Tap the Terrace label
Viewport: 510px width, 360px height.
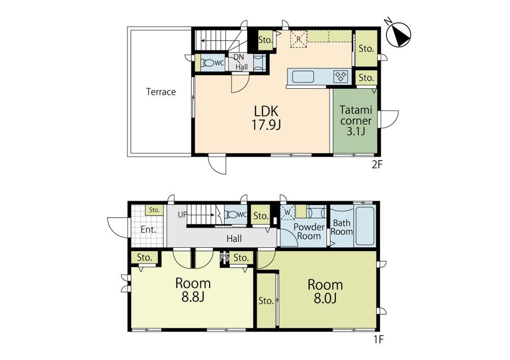[161, 92]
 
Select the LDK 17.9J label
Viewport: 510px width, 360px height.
[266, 118]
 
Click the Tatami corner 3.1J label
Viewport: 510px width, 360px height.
[355, 121]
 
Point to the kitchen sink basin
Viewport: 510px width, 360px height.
[303, 77]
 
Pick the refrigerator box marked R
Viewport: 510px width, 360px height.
[298, 39]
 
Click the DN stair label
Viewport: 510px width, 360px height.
[239, 57]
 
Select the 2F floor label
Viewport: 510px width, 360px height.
[377, 165]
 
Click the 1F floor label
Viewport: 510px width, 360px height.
[378, 340]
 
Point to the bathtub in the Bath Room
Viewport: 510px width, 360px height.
[365, 226]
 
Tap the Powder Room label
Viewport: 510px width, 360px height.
[309, 232]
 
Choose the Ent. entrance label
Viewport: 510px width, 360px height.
[148, 230]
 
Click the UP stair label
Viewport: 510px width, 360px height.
[183, 215]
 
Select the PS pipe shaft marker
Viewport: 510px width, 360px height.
[224, 258]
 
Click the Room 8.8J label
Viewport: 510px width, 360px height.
[193, 290]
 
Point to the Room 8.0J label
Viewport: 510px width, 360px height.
[325, 291]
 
